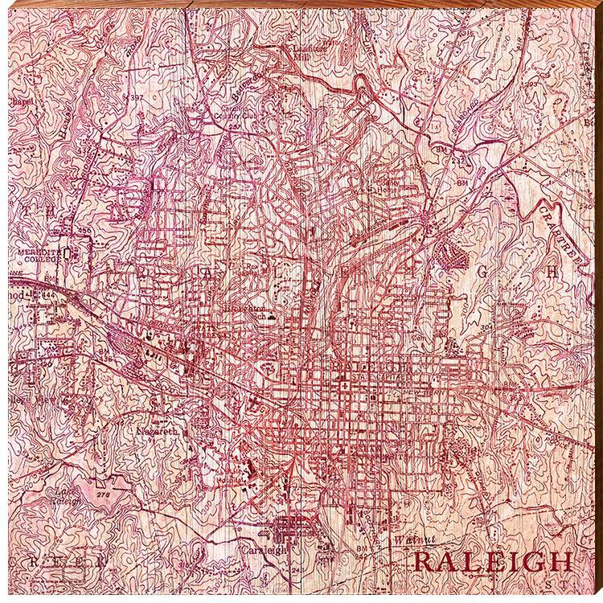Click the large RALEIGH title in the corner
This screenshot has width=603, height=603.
[492, 560]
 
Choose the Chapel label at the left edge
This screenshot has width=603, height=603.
[19, 111]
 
